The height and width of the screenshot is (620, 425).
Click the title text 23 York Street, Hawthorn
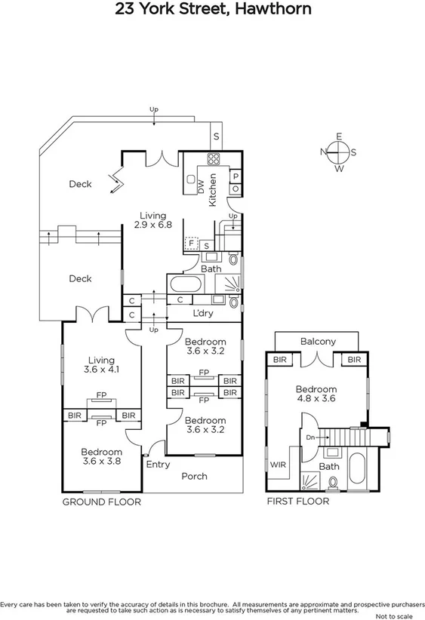pyautogui.click(x=212, y=10)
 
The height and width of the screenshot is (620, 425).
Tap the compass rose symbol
pyautogui.click(x=339, y=152)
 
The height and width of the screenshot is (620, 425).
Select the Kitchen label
pyautogui.click(x=214, y=189)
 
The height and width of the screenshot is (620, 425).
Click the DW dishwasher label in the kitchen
pyautogui.click(x=201, y=187)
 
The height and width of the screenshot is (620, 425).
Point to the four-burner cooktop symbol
pyautogui.click(x=214, y=159)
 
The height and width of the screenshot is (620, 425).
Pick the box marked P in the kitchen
pyautogui.click(x=236, y=174)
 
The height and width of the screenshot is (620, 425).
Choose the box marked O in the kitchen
pyautogui.click(x=236, y=188)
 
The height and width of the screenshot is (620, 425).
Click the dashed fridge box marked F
pyautogui.click(x=191, y=243)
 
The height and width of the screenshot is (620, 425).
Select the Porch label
pyautogui.click(x=195, y=476)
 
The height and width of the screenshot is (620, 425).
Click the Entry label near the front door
pyautogui.click(x=158, y=464)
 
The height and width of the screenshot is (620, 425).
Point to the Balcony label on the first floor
pyautogui.click(x=318, y=342)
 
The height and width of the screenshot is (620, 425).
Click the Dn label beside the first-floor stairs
pyautogui.click(x=310, y=436)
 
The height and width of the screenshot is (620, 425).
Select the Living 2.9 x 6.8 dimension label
pyautogui.click(x=152, y=220)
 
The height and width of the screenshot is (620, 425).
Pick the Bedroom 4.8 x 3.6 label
pyautogui.click(x=316, y=394)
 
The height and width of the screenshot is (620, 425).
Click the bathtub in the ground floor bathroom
pyautogui.click(x=185, y=285)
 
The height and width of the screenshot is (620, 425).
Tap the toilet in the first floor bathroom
pyautogui.click(x=333, y=480)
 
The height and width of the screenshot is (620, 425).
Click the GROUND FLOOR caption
pyautogui.click(x=101, y=501)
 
